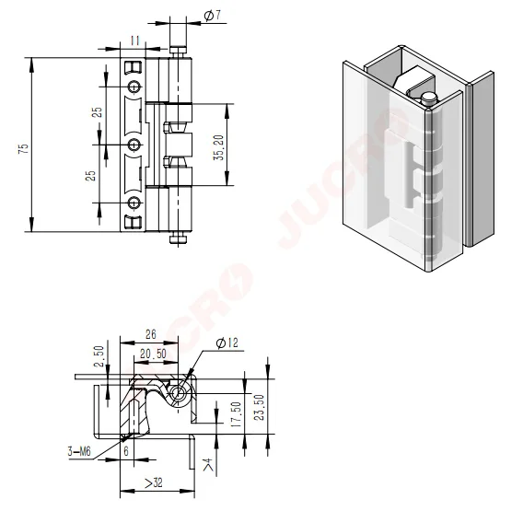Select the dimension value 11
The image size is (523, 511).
pos(134,41)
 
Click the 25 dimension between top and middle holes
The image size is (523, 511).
pos(96,114)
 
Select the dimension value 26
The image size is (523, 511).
pos(150,335)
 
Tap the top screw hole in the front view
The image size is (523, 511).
pos(134,87)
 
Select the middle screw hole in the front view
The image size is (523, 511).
pos(134,145)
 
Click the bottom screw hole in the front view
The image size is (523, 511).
pos(134,203)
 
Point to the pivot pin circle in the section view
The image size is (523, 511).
pos(181,393)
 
